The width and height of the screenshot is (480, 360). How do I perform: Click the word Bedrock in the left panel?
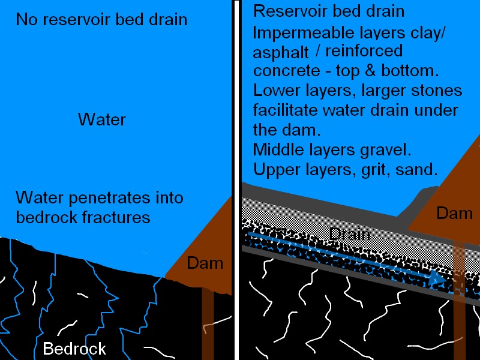pyautogui.click(x=74, y=349)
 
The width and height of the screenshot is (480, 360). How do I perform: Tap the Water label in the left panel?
pyautogui.click(x=102, y=119)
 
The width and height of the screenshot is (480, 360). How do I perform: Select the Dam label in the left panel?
pyautogui.click(x=205, y=263)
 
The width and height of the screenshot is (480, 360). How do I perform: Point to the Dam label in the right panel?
pyautogui.click(x=454, y=213)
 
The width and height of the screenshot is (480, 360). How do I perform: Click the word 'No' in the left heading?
pyautogui.click(x=26, y=20)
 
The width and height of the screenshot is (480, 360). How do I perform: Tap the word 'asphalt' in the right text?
pyautogui.click(x=281, y=53)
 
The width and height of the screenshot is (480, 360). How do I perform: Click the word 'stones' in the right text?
pyautogui.click(x=437, y=91)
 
